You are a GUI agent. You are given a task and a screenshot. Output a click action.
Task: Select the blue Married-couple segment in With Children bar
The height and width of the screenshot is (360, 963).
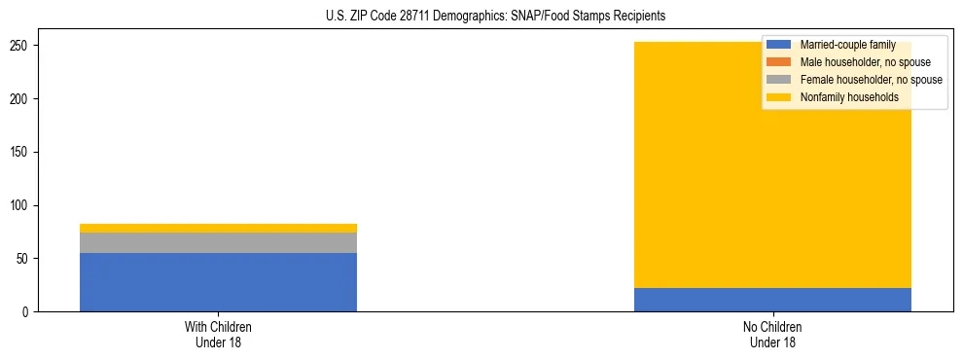pos(218,282)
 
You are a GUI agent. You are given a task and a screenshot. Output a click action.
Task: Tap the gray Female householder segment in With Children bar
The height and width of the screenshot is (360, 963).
pos(218,242)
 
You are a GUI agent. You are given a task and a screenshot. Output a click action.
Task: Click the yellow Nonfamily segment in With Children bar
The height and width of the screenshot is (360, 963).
pos(218,228)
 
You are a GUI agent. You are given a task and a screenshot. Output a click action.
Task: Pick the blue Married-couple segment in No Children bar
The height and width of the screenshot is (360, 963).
pos(772,300)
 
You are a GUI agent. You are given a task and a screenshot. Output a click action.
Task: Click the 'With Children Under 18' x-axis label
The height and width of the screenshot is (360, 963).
pos(218,335)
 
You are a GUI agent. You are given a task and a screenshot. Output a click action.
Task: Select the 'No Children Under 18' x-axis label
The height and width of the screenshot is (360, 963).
pos(772,335)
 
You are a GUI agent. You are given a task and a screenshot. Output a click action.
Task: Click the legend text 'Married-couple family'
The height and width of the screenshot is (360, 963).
pos(847,45)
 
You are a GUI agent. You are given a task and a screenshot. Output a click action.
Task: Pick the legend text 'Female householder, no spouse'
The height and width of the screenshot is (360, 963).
pos(871,80)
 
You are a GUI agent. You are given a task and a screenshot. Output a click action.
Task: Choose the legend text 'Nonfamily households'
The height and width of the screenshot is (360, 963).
pos(848,97)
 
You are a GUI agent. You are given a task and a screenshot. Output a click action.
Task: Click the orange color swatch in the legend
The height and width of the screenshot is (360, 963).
pos(779,62)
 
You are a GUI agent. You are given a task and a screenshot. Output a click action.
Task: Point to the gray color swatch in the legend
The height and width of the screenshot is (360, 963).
pos(779,80)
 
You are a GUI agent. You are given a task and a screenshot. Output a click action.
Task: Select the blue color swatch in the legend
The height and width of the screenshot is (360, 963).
pos(779,45)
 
